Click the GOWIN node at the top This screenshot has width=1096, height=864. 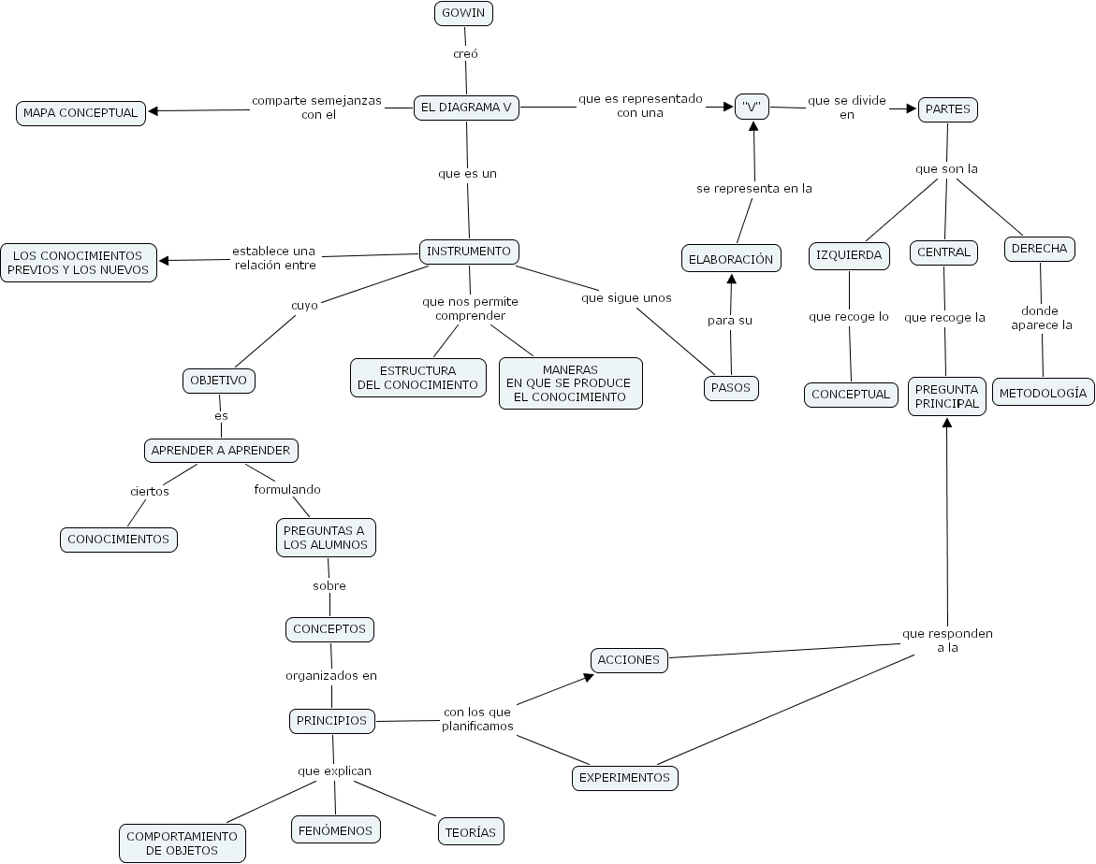point(463,13)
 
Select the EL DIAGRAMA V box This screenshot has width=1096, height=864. point(466,108)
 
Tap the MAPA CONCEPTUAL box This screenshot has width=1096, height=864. point(80,113)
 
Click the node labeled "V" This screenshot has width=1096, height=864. point(752,107)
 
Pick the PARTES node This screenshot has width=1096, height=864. point(947,109)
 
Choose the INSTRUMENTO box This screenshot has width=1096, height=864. point(469,252)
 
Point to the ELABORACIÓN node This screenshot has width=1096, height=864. point(731,259)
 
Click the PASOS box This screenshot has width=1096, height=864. point(731,388)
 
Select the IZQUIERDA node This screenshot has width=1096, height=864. point(850,255)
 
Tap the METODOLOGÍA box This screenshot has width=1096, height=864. point(1043,393)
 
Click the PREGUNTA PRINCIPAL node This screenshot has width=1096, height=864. point(946,396)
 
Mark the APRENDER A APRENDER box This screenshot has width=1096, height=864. point(221,451)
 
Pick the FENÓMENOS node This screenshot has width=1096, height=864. point(335,830)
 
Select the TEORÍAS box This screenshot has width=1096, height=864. point(471,831)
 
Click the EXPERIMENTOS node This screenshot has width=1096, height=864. point(624,777)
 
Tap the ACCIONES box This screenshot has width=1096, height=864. point(629,659)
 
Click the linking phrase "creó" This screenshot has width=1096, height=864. point(465,54)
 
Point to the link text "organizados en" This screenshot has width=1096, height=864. point(331,675)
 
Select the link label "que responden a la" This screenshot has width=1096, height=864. point(947,640)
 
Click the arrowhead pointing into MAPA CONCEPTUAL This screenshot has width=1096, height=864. point(153,111)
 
